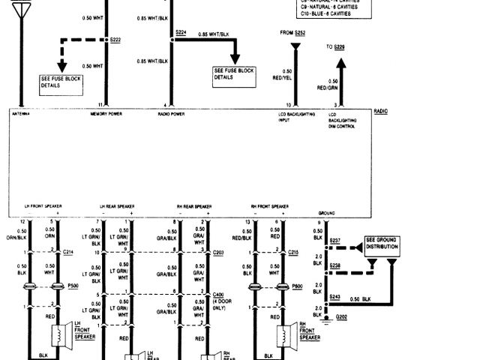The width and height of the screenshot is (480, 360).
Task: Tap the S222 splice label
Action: tap(115, 39)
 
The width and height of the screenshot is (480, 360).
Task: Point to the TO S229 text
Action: tap(335, 48)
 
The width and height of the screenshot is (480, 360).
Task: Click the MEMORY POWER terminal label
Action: tap(106, 115)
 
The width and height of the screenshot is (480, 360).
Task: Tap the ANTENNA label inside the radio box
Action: tap(19, 115)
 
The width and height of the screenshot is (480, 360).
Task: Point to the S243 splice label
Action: tap(336, 297)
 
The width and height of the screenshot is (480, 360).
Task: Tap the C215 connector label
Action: tap(294, 253)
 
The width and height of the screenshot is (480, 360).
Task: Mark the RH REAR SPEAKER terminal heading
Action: tap(194, 205)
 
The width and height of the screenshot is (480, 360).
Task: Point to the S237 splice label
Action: tap(334, 241)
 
